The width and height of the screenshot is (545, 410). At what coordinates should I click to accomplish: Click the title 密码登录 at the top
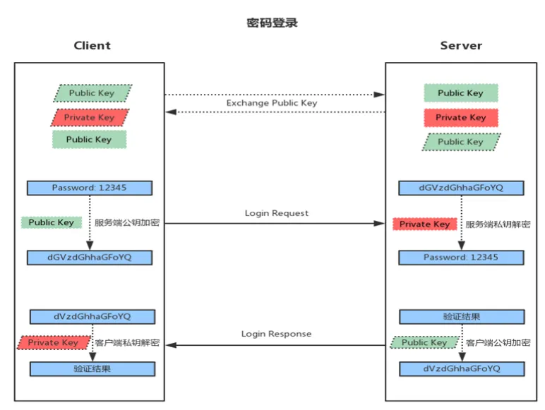(x=272, y=23)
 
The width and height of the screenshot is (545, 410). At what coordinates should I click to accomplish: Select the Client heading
(x=92, y=46)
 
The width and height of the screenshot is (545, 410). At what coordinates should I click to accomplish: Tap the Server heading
(x=461, y=46)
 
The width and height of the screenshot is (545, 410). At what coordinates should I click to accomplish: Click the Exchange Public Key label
(x=272, y=103)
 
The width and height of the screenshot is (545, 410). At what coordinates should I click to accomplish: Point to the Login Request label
(x=277, y=213)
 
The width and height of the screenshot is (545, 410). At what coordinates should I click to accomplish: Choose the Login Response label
(x=276, y=334)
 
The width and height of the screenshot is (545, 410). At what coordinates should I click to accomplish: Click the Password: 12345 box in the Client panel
(x=90, y=188)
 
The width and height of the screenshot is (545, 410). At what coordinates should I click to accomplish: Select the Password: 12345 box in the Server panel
(x=461, y=258)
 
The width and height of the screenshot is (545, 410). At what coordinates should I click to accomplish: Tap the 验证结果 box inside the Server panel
(x=462, y=317)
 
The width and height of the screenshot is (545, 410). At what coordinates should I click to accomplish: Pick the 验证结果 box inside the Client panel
(x=92, y=368)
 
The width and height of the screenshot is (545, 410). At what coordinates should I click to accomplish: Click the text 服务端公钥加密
(x=127, y=223)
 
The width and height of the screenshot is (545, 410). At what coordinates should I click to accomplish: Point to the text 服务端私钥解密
(x=498, y=224)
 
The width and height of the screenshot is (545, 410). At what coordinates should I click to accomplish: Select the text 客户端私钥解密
(x=127, y=343)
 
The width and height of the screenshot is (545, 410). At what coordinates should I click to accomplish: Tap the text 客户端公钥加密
(x=498, y=343)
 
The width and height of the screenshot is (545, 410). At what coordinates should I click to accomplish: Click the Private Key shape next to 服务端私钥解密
(x=425, y=224)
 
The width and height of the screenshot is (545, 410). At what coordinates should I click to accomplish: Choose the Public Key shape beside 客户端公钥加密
(x=425, y=342)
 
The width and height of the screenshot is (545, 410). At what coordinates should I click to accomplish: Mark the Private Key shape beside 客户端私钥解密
(x=54, y=342)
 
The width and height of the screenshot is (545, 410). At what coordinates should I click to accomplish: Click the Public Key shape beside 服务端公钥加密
(x=52, y=222)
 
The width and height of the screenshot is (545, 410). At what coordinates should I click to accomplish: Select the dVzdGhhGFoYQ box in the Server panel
(x=462, y=368)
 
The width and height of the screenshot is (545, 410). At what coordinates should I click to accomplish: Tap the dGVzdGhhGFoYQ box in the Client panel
(x=90, y=258)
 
